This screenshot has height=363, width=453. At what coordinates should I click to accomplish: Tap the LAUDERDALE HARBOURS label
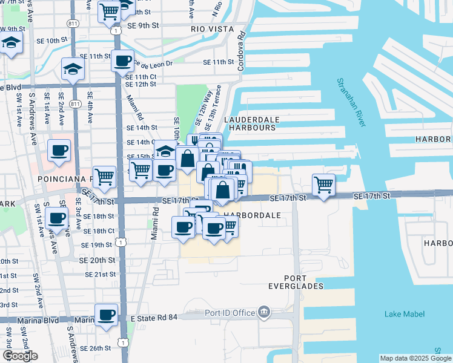pyautogui.click(x=250, y=123)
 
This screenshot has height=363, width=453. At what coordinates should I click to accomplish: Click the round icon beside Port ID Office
pyautogui.click(x=264, y=312)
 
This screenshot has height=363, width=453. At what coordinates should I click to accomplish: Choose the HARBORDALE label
pyautogui.click(x=252, y=215)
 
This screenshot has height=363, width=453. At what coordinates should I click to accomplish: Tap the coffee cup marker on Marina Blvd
pyautogui.click(x=106, y=315)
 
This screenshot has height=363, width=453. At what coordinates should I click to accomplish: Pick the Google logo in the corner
pyautogui.click(x=19, y=356)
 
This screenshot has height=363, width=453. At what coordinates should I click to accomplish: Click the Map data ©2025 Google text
pyautogui.click(x=414, y=358)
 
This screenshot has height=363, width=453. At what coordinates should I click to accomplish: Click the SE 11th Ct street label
pyautogui.click(x=141, y=77)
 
